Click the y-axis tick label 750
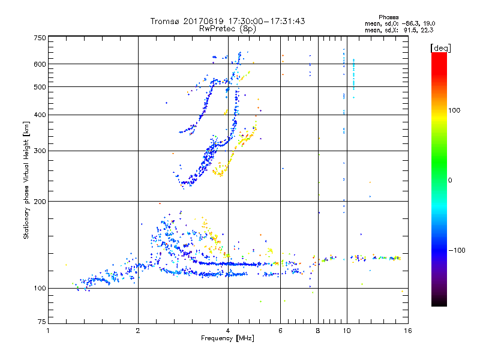tap(39, 37)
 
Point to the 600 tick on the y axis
tap(39, 64)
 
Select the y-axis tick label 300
tap(39, 151)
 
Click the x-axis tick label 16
tap(407, 331)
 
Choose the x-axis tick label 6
tap(280, 331)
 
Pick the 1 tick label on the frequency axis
tap(48, 331)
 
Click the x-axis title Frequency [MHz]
tap(227, 338)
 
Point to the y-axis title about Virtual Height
tap(26, 180)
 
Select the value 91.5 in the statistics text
tap(412, 29)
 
